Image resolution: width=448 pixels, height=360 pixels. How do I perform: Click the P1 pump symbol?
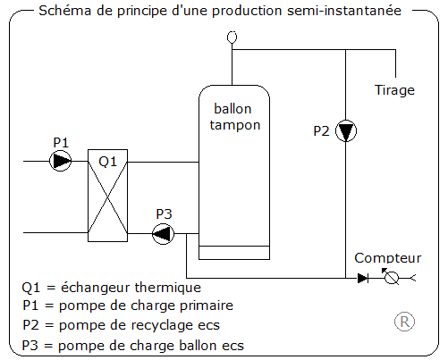pyautogui.click(x=61, y=162)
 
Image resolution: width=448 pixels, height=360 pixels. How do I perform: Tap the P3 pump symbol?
pyautogui.click(x=164, y=234)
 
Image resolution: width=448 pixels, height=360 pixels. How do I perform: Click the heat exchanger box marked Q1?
pyautogui.click(x=108, y=197)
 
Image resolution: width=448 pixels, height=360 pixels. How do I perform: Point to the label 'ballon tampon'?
pyautogui.click(x=234, y=117)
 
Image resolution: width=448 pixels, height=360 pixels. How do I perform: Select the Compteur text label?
pyautogui.click(x=387, y=257)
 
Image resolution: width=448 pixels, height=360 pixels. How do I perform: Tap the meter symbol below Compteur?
pyautogui.click(x=391, y=278)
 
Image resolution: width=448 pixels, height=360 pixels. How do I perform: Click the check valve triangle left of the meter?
pyautogui.click(x=362, y=278)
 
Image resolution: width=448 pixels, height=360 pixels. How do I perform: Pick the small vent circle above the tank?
pyautogui.click(x=232, y=37)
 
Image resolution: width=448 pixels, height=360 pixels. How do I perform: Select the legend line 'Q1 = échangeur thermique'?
pyautogui.click(x=111, y=288)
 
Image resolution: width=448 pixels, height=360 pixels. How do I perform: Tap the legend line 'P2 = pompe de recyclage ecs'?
pyautogui.click(x=121, y=325)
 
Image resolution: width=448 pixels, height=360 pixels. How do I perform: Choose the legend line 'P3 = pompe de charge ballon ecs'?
pyautogui.click(x=132, y=345)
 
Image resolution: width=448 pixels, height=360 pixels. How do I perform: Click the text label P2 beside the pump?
pyautogui.click(x=321, y=130)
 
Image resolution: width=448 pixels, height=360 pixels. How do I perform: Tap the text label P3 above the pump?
pyautogui.click(x=165, y=213)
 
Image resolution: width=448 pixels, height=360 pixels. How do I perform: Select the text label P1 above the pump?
pyautogui.click(x=61, y=142)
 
